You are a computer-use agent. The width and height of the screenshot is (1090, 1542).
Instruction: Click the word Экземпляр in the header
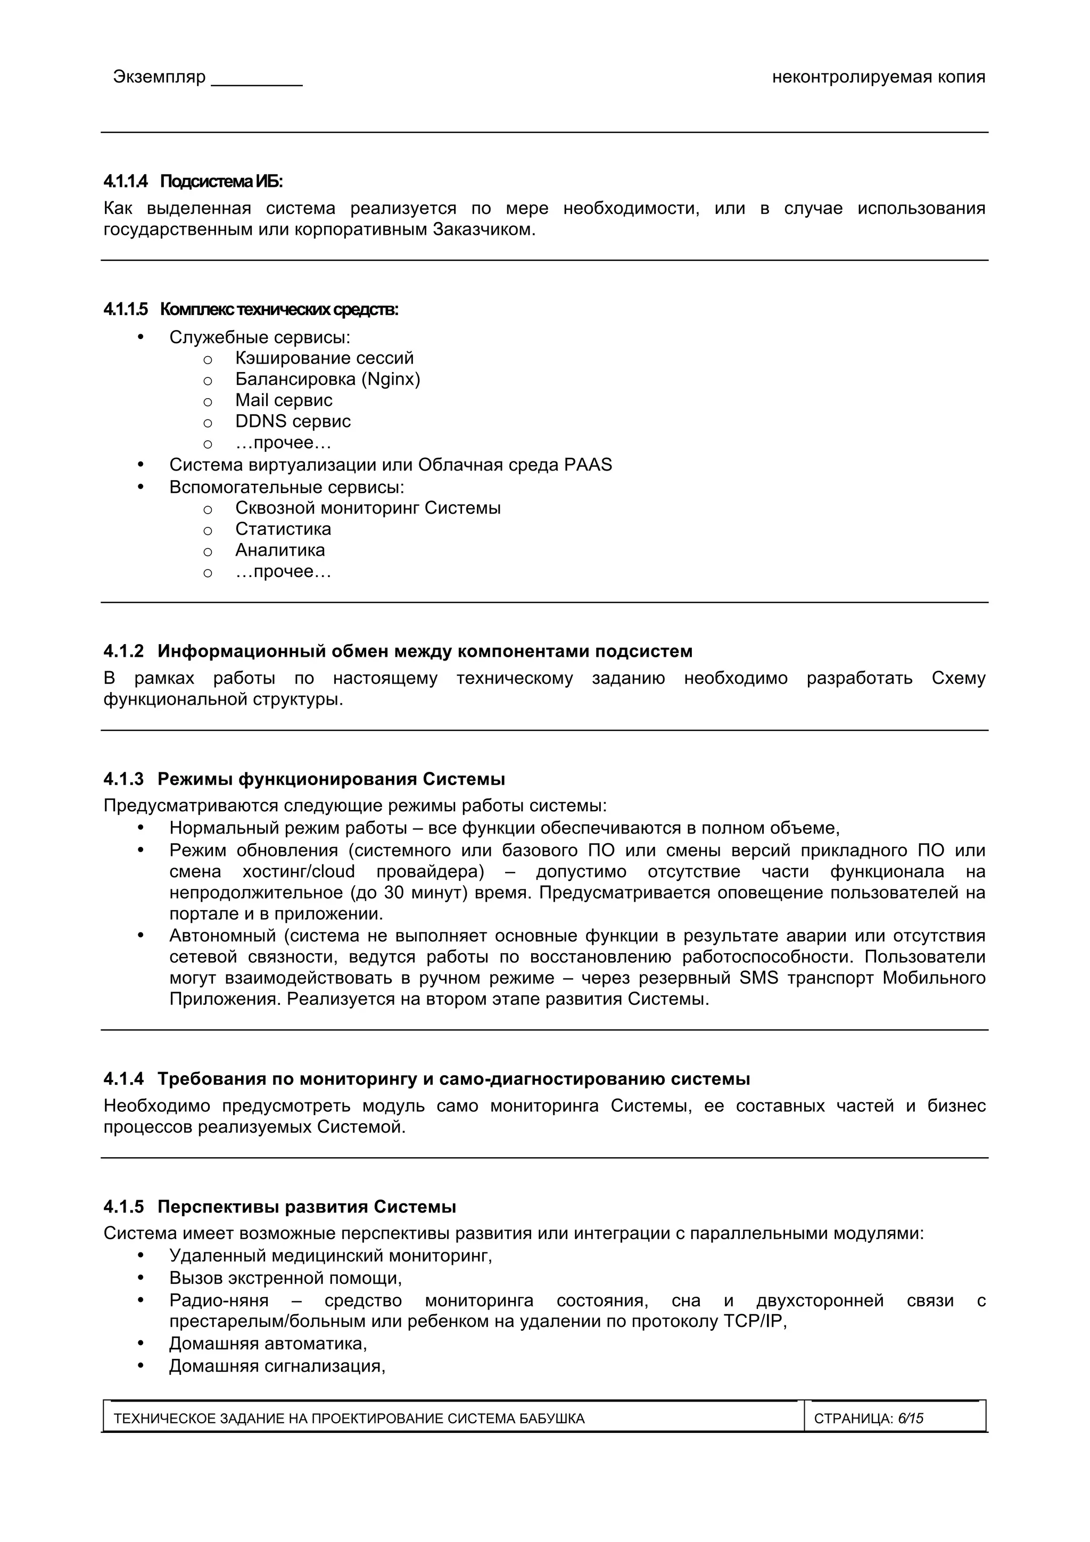coord(159,77)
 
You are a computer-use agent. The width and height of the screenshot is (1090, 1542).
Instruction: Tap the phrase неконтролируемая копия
coord(878,77)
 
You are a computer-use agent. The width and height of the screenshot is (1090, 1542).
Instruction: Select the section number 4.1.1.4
coord(126,182)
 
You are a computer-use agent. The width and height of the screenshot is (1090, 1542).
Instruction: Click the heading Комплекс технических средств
coord(279,310)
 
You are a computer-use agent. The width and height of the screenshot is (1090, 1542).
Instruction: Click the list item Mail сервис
coord(284,400)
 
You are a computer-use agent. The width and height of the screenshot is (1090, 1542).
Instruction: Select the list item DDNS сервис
coord(292,422)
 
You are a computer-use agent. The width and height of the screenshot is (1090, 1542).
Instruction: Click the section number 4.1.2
coord(123,652)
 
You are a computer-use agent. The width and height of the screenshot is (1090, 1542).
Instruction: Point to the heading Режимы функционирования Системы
coord(331,779)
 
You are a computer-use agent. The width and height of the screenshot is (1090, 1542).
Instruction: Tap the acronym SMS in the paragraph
coord(758,978)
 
